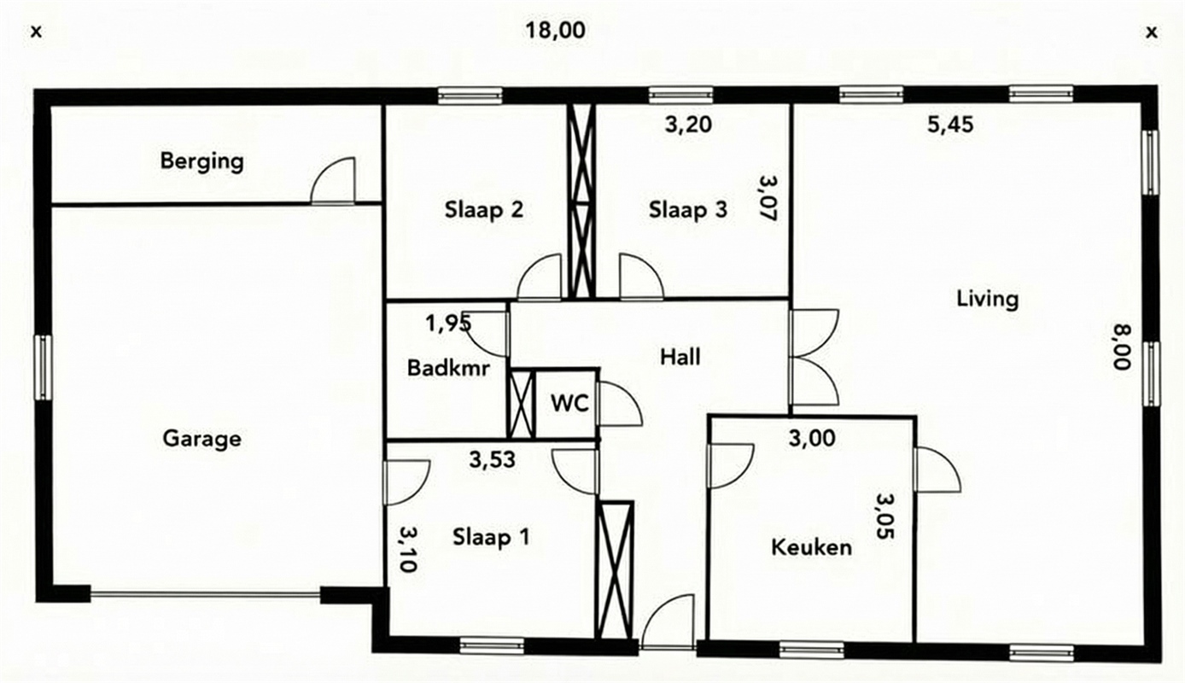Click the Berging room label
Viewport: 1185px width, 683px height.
(201, 161)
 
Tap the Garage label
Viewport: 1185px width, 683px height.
(201, 439)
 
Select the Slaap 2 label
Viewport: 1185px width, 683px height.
(483, 209)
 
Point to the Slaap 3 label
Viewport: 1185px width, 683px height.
(688, 209)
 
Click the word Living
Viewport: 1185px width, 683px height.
(987, 299)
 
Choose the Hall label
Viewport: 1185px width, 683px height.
(680, 357)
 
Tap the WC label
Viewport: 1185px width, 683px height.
(569, 404)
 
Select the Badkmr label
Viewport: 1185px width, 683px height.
(448, 368)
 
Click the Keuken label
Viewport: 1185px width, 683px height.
(812, 547)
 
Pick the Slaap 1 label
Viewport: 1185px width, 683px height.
(491, 538)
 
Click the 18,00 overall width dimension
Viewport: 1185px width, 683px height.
(555, 30)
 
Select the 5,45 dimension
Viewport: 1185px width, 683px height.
(950, 125)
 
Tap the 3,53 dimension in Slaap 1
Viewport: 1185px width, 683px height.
(492, 459)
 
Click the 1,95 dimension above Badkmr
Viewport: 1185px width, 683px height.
(448, 324)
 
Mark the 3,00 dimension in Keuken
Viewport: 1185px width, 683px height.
(812, 438)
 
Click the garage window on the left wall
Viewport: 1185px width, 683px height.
(44, 368)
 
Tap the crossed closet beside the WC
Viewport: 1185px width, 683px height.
(521, 405)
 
